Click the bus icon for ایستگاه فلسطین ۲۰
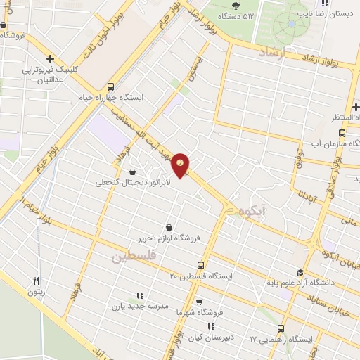(x=202, y=265)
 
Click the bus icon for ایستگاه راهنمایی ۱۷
(x=281, y=328)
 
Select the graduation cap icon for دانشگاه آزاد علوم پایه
(x=300, y=274)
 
